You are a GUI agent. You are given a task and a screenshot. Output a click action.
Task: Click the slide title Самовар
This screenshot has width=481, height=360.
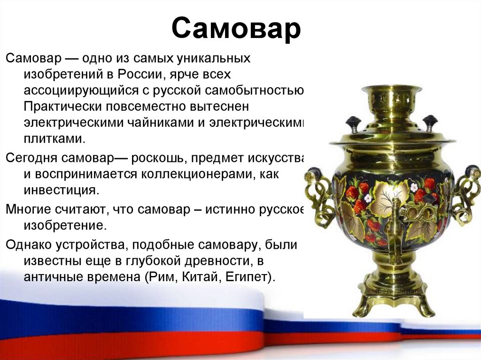(236, 29)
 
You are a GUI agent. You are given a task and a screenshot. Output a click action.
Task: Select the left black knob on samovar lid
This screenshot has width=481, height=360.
(353, 124)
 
